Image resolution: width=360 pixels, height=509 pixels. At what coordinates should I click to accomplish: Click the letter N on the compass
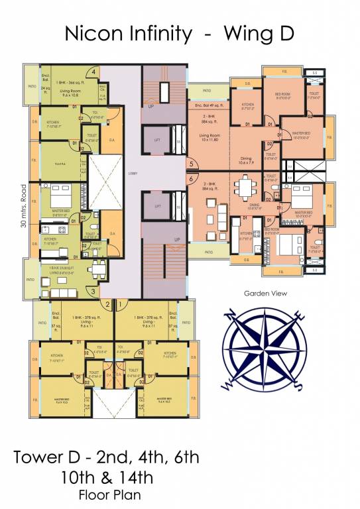click(233, 315)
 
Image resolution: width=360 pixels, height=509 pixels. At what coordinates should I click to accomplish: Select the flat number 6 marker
click(191, 178)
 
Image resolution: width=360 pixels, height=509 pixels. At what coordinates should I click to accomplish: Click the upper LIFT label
click(158, 140)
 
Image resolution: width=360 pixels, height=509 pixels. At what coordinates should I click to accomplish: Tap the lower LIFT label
click(158, 206)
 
